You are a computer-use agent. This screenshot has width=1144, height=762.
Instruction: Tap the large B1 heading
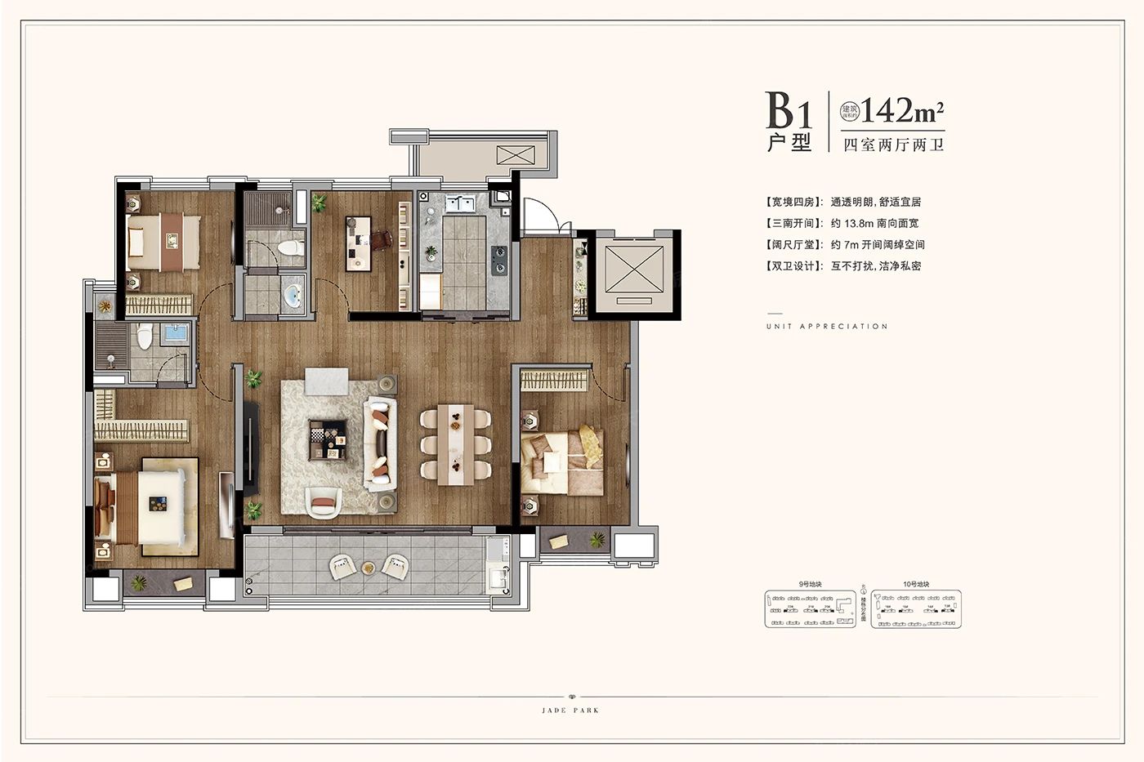point(789,110)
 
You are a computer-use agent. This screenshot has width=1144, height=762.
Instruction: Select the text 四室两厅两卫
point(893,145)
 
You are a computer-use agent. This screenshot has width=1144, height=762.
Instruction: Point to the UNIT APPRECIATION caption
point(827,326)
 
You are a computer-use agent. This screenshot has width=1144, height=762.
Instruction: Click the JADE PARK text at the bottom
point(570,711)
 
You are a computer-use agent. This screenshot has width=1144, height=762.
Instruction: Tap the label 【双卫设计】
point(793,265)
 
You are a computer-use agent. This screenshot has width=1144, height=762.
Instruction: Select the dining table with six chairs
point(455,444)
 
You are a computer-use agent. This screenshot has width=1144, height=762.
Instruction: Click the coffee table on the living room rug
point(328,440)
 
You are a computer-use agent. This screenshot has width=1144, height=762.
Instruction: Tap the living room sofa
point(379,443)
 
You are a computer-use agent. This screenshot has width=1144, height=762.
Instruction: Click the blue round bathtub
point(292,296)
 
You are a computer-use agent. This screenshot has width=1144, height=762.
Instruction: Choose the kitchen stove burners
point(498,258)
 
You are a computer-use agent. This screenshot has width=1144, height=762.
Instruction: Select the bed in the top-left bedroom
point(163,241)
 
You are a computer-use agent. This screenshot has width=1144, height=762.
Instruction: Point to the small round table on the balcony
point(369,568)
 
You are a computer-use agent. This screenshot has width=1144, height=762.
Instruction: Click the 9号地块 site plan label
point(810,585)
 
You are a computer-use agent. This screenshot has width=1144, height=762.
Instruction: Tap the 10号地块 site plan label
point(916,585)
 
